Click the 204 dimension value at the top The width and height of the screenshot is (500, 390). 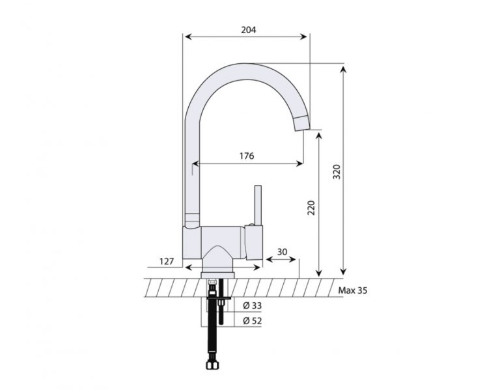248,30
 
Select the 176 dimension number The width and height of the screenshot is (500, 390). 246,156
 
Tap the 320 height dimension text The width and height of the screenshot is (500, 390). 337,171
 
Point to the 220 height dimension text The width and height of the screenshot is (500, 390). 311,208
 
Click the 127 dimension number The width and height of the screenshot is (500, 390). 167,262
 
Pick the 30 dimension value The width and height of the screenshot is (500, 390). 282,252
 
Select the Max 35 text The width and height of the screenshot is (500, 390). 353,290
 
